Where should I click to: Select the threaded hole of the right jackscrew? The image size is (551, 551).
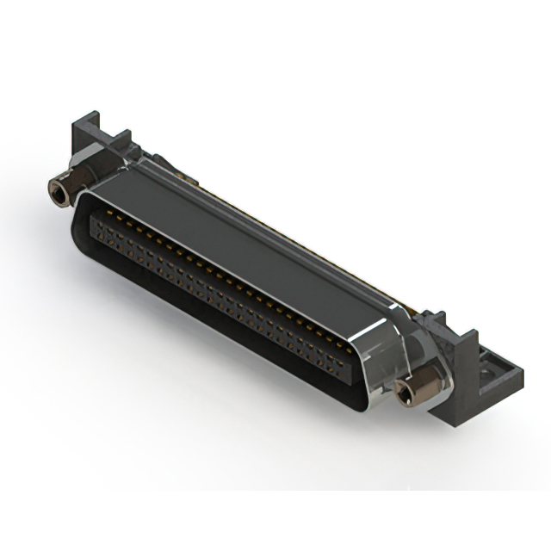click(404, 397)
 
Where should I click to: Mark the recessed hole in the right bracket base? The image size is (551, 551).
click(487, 369)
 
